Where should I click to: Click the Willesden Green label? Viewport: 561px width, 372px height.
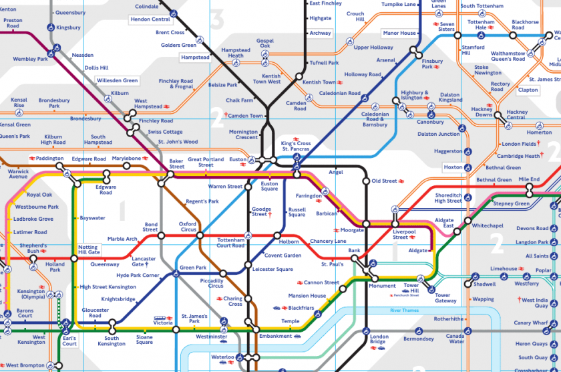pos(117,80)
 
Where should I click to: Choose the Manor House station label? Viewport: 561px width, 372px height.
pos(399,33)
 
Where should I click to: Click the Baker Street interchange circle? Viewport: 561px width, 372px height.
pos(171,175)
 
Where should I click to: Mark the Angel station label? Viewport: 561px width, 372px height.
pos(335,172)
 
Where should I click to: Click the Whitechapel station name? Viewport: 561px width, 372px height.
pos(488,226)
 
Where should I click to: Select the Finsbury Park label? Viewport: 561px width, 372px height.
pos(432,64)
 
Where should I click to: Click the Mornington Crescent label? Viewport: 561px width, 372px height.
pos(243,135)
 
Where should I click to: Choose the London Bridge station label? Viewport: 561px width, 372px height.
pos(379,339)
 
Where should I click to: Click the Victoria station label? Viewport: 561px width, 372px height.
pos(163,322)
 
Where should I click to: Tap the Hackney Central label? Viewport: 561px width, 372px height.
pos(516,115)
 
